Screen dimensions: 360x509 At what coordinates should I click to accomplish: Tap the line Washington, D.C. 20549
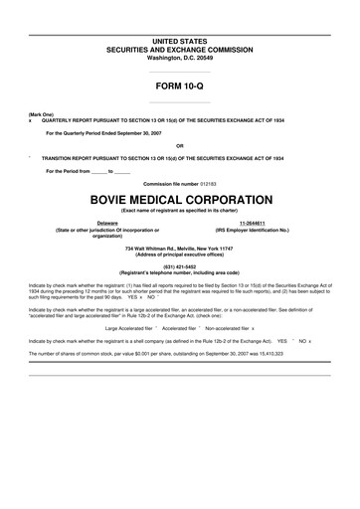(179, 56)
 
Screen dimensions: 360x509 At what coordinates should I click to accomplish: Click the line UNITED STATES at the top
(179, 41)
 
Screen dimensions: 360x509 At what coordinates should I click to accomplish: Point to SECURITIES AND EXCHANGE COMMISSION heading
(179, 48)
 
